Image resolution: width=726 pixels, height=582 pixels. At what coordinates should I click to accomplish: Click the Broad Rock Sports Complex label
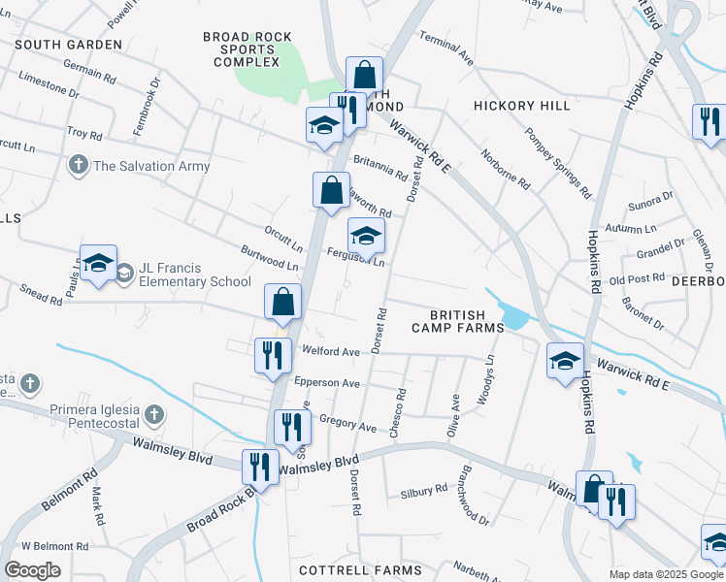(247, 49)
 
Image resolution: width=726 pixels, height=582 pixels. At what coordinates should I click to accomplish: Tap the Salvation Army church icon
(79, 166)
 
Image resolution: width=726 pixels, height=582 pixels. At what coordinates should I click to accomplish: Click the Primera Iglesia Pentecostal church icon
(153, 416)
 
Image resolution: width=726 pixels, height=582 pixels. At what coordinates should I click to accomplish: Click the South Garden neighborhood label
(69, 45)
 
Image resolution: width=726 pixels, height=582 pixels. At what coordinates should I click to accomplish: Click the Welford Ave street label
(331, 352)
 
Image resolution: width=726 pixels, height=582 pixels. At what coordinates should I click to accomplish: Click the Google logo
(32, 570)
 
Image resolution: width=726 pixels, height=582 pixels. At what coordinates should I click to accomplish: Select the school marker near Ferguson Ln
(366, 236)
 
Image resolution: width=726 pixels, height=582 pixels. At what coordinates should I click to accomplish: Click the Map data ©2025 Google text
(666, 574)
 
